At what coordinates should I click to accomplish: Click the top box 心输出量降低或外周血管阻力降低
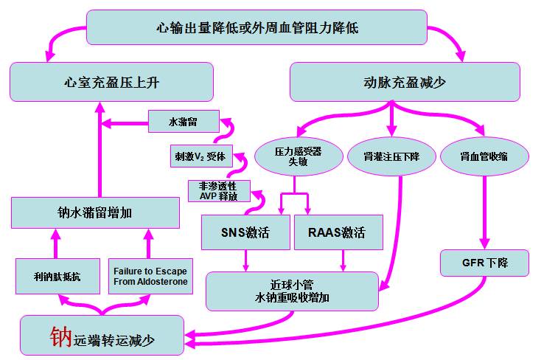[257, 27]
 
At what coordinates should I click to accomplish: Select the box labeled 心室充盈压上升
[111, 81]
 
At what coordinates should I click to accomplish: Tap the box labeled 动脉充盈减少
[405, 81]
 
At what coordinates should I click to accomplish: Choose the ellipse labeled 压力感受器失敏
[298, 156]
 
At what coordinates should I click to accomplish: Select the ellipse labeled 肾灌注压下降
[391, 156]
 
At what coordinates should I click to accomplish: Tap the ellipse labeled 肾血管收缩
[484, 156]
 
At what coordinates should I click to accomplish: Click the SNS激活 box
[245, 233]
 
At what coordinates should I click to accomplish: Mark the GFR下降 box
[485, 263]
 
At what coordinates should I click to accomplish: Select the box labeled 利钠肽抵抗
[57, 277]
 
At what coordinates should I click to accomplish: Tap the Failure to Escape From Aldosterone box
[150, 277]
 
